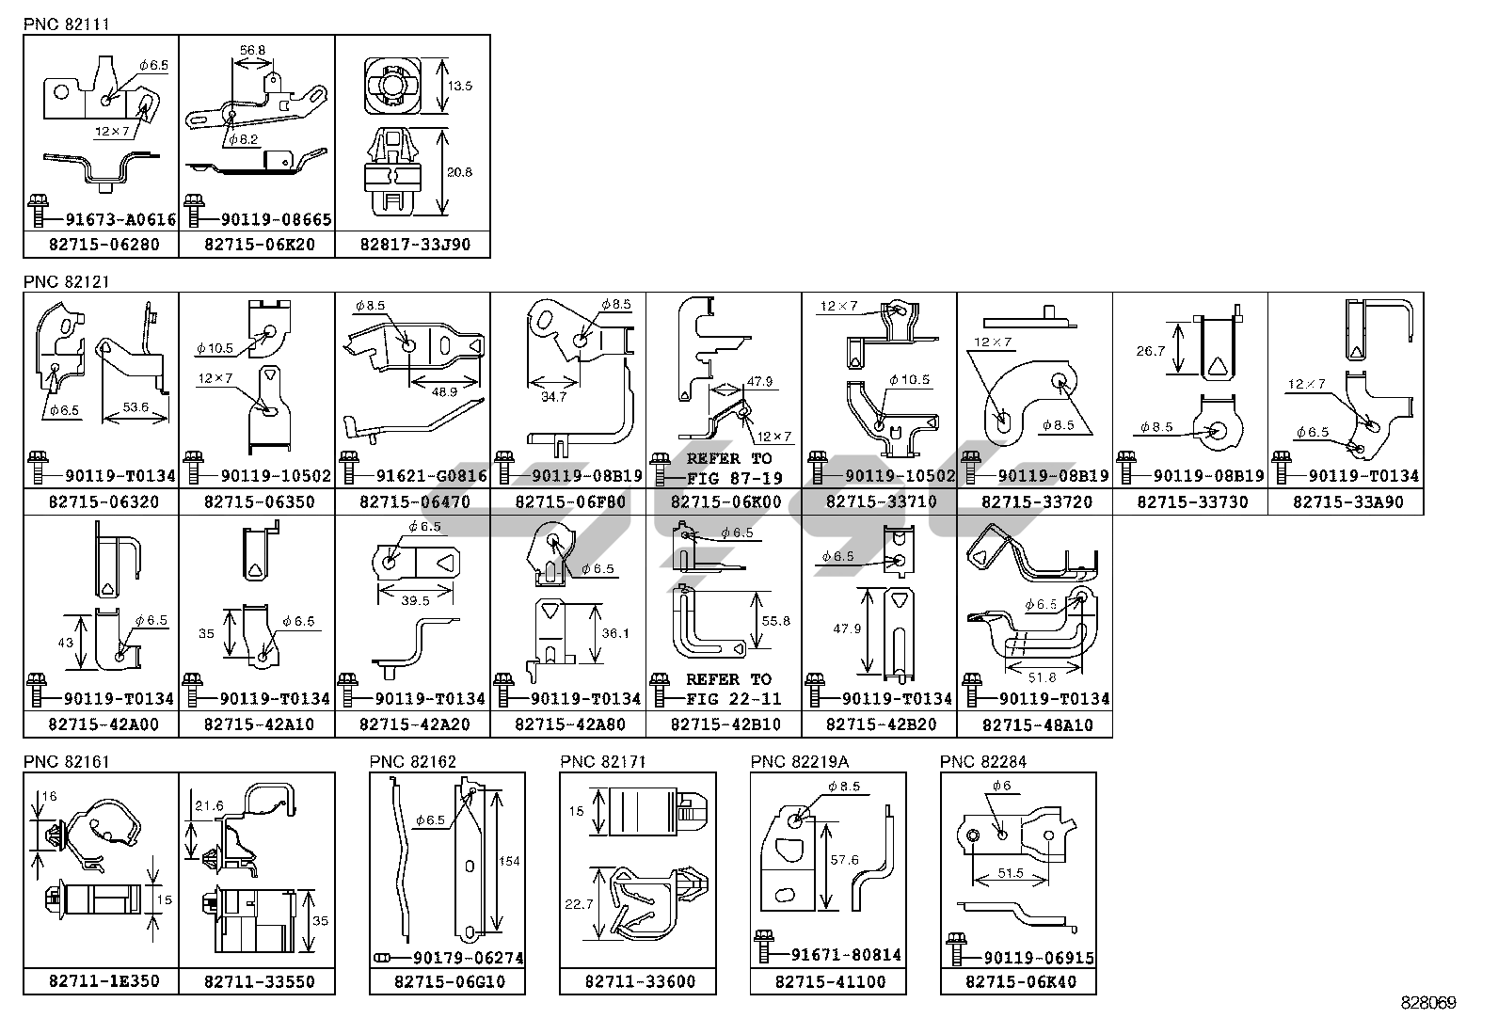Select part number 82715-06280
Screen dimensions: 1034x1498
click(103, 245)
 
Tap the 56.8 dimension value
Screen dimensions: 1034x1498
click(252, 50)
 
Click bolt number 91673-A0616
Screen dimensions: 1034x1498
click(120, 219)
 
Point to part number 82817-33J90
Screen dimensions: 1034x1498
click(414, 245)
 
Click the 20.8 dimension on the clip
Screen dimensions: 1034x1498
click(461, 172)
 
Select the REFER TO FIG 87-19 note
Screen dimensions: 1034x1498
click(726, 468)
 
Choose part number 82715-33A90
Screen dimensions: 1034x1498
click(1347, 501)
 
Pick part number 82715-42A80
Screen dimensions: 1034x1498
click(569, 724)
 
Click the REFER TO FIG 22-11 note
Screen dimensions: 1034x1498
click(726, 689)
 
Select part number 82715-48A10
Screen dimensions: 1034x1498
click(1037, 725)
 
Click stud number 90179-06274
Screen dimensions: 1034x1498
click(467, 958)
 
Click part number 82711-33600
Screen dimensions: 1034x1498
click(640, 981)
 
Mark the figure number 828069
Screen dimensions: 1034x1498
click(1427, 1003)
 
